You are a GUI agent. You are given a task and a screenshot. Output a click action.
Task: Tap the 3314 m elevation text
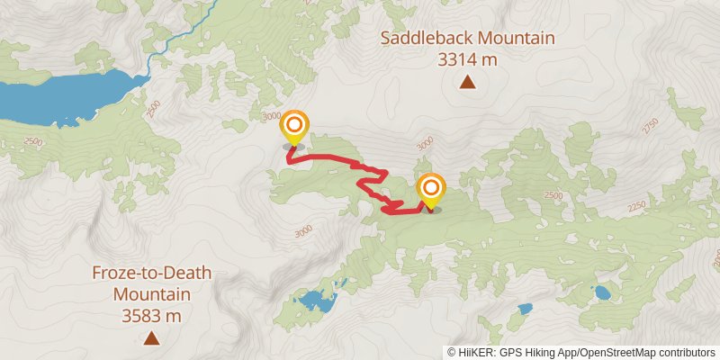pos(467,60)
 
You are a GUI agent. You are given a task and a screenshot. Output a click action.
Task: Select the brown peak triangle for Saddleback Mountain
pos(467,83)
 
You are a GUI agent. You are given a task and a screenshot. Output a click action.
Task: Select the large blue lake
pos(63,94)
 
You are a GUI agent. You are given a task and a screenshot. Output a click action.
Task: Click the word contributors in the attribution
pos(687,352)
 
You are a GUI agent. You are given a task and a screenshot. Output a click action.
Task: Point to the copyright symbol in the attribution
pos(452,352)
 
